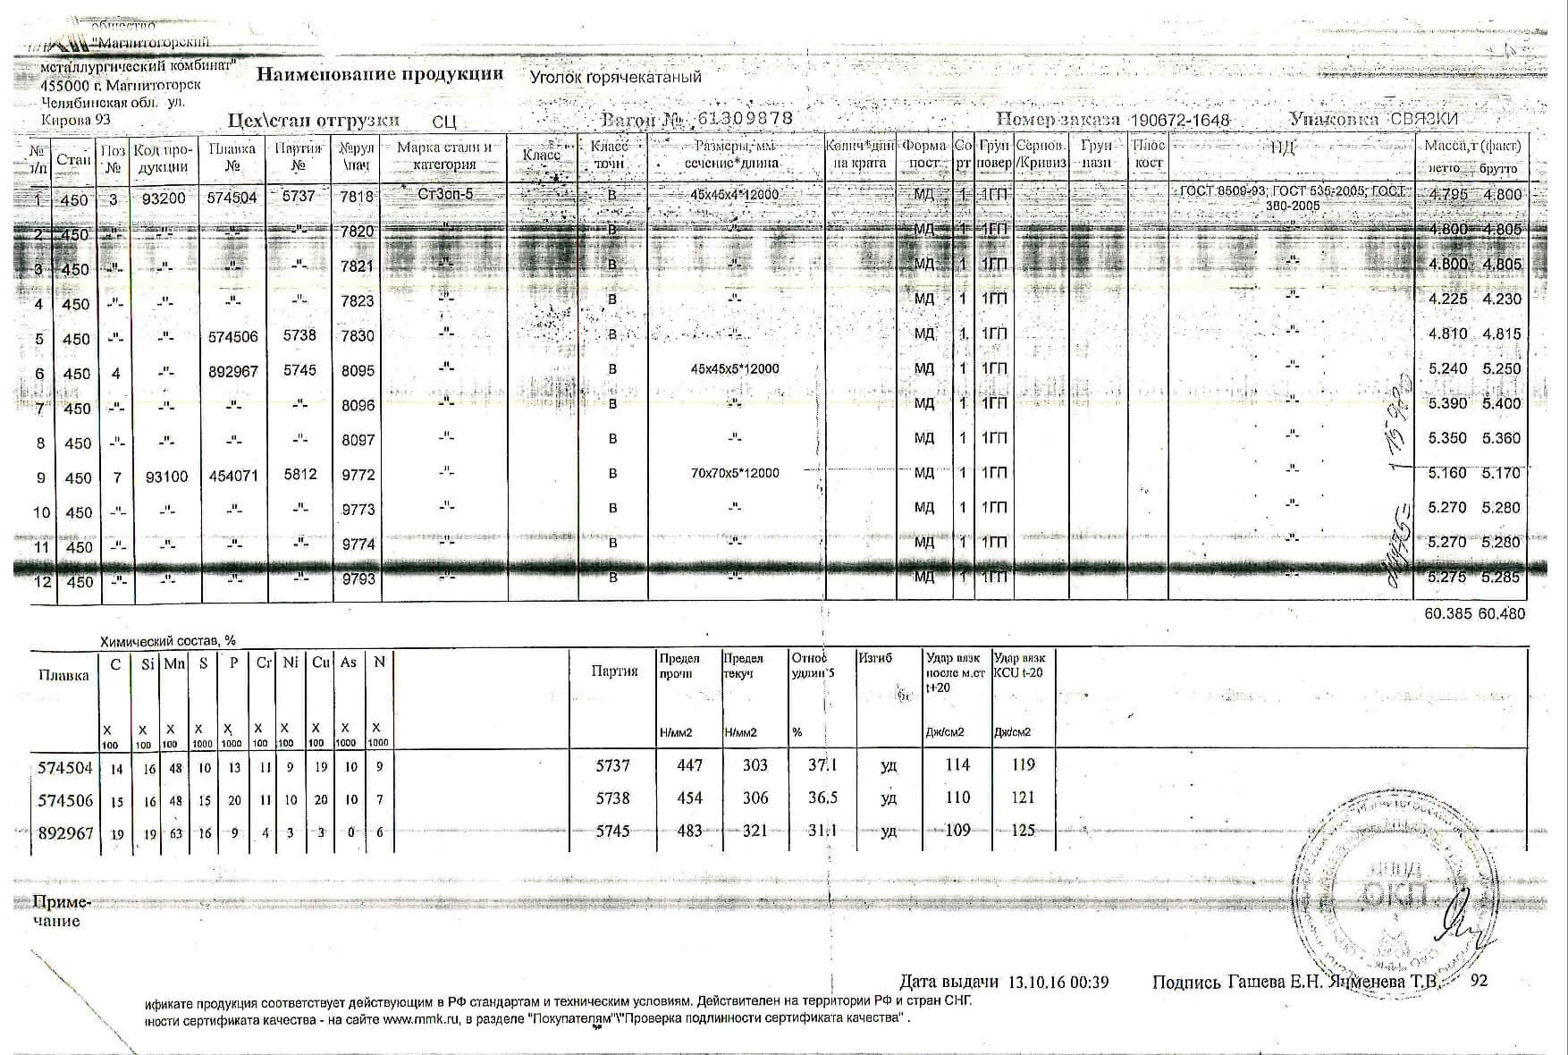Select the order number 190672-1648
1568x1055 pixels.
point(1180,121)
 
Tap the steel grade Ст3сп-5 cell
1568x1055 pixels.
point(445,194)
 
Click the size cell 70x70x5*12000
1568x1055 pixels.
point(735,473)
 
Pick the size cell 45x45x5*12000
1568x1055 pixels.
point(735,368)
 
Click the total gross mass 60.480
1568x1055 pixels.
point(1502,613)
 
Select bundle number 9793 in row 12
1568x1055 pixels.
point(358,579)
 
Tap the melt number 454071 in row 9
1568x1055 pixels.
point(233,476)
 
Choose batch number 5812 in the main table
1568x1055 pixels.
point(300,474)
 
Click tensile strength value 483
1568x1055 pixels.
point(689,831)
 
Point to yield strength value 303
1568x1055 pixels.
point(754,764)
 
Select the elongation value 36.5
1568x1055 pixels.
point(822,798)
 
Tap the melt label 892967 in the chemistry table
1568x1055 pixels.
point(65,832)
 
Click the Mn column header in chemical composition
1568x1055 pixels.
point(173,663)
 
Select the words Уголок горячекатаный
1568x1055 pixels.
point(615,77)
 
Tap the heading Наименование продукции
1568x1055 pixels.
point(380,74)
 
